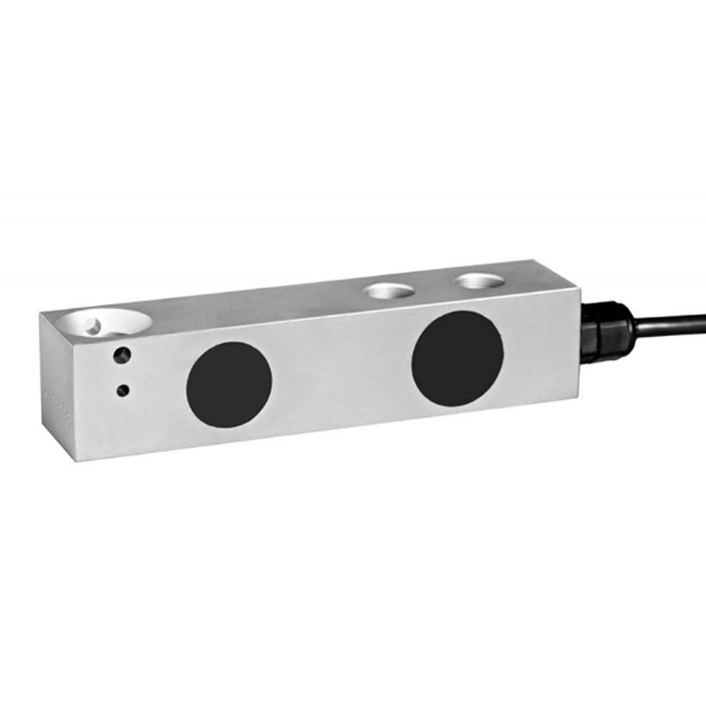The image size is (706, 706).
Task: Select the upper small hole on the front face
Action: click(121, 356)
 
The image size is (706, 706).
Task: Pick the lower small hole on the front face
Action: click(121, 389)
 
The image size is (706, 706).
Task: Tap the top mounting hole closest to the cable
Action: click(480, 281)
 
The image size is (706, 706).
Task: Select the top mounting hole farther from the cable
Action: click(387, 291)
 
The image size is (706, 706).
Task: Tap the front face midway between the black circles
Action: click(344, 373)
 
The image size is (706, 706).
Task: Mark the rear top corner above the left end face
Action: click(40, 314)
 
